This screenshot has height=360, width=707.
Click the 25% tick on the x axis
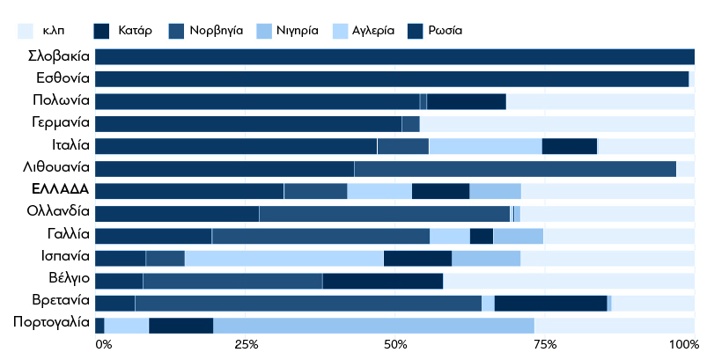(x=246, y=344)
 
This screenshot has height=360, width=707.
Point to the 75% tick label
(x=545, y=344)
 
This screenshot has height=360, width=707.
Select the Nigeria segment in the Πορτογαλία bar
(x=373, y=325)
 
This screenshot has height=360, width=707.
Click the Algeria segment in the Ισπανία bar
(x=284, y=258)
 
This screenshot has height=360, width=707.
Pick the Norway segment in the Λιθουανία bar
(x=515, y=168)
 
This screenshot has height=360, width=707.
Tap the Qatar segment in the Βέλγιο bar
(x=382, y=281)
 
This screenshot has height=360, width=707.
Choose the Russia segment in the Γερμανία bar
(x=247, y=124)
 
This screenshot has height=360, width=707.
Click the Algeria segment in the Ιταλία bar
(x=485, y=146)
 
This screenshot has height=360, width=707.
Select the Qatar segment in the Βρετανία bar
(x=551, y=303)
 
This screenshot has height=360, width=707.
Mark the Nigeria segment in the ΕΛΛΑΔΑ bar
(x=495, y=191)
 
